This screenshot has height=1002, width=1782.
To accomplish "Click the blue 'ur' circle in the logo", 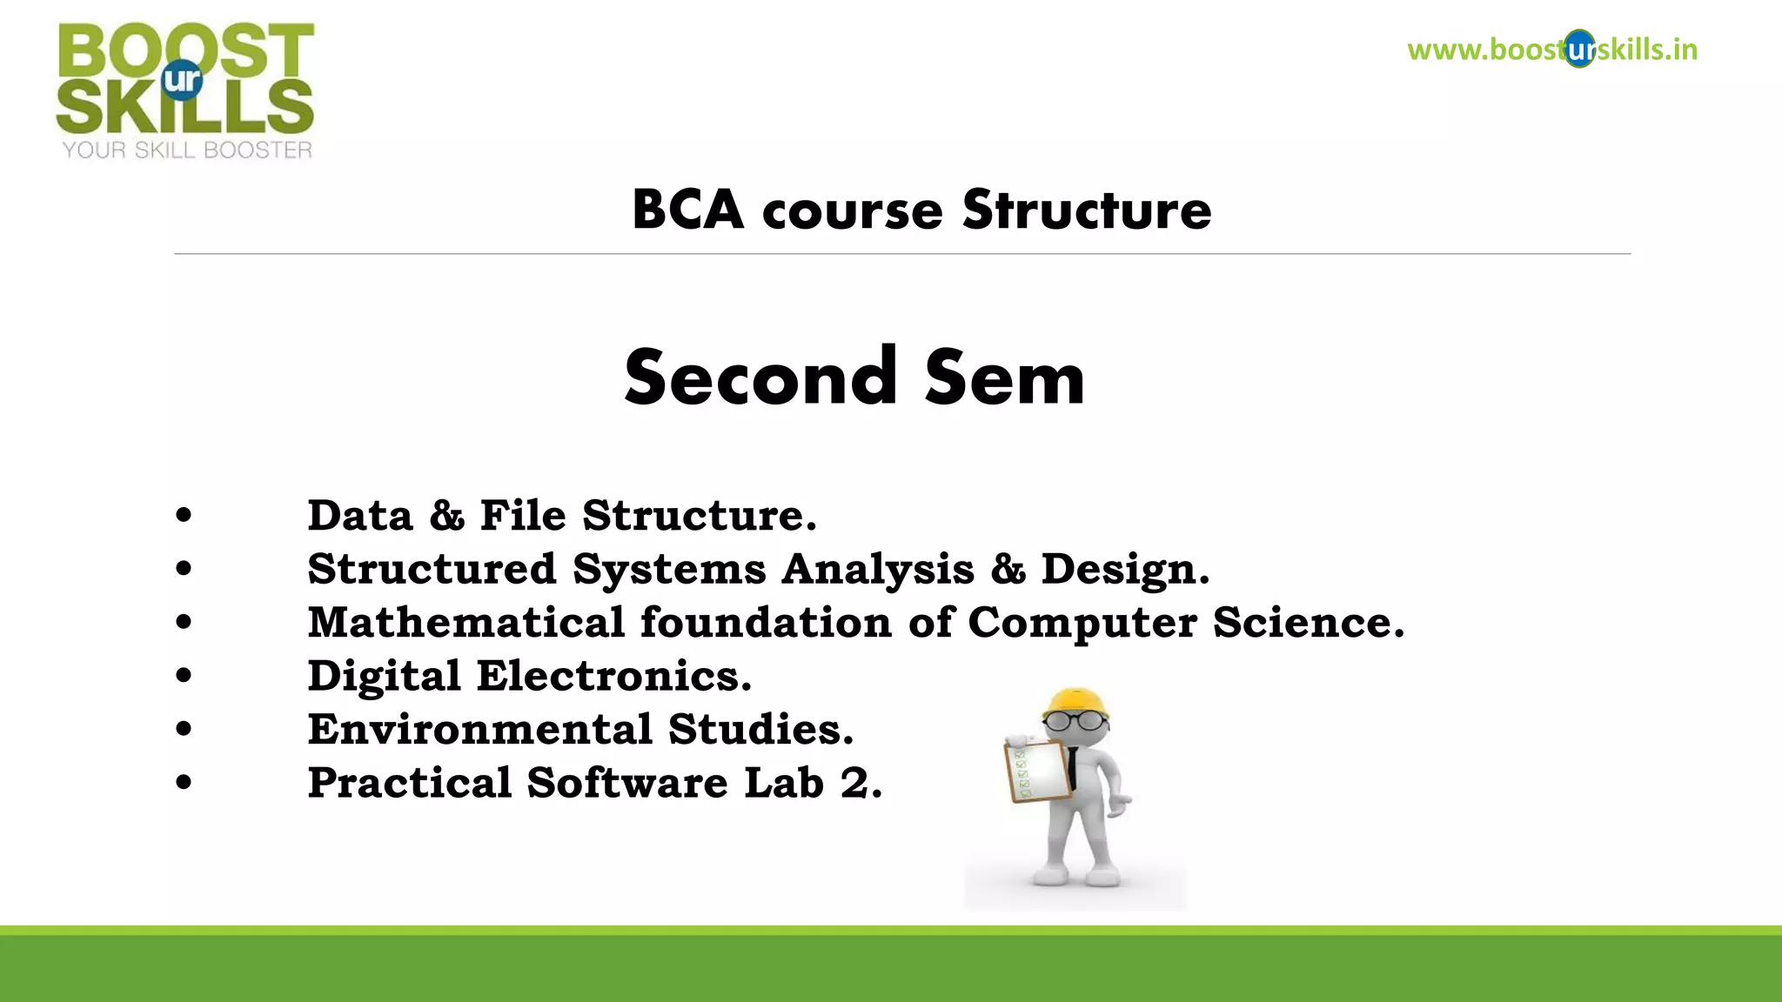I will pos(182,80).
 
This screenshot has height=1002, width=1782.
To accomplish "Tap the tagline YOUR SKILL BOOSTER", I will pos(187,150).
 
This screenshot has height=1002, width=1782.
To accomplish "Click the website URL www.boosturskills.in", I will pos(1552,50).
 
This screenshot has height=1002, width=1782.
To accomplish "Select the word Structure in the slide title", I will pos(1087,210).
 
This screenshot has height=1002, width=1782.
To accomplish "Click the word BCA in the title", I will pos(687,210).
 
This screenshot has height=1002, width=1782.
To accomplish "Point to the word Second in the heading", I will pos(760,377).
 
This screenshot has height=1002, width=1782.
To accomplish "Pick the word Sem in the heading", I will pos(1005,379).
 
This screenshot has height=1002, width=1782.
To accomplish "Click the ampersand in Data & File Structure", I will pos(446,516).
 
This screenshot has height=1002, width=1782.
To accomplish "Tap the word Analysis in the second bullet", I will pos(877,570).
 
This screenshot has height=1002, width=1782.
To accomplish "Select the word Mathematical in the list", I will pos(466,623).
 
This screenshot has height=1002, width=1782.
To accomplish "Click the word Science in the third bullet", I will pos(1308,623).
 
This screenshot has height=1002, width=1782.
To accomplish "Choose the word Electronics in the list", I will pos(613,677).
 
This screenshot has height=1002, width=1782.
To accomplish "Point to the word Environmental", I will pos(479,730).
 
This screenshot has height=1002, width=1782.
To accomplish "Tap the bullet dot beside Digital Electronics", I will pos(183,676).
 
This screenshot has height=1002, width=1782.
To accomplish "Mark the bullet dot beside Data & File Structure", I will pos(183,516).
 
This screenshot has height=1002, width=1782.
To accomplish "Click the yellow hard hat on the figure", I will pos(1076,701).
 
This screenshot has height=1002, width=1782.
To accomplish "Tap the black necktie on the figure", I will pos(1075,767).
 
